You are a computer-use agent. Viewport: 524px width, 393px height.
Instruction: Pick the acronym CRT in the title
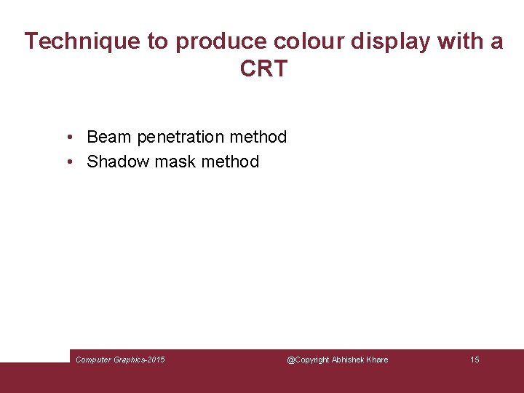coord(263,69)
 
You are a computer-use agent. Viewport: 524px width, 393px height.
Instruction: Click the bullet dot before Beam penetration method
coord(67,138)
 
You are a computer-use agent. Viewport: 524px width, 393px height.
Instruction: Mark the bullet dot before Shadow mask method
coord(67,162)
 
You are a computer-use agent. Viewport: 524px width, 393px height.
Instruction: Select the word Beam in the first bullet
coord(109,137)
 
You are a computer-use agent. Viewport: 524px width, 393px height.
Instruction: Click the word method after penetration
coord(258,137)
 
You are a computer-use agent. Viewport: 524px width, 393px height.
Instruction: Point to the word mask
coord(175,162)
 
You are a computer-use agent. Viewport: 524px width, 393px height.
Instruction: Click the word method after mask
coord(230,162)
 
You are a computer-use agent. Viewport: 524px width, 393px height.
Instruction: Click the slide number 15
coord(475,360)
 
